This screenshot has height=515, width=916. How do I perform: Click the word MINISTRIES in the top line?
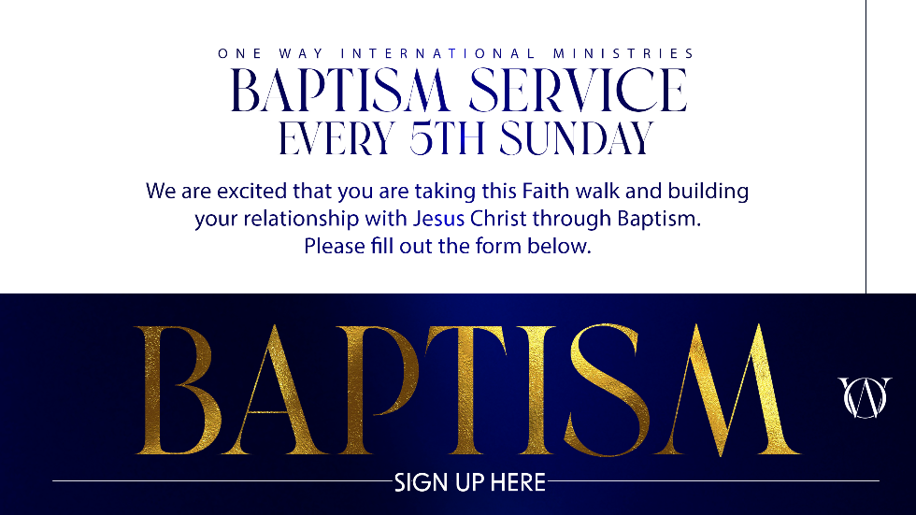tap(623, 53)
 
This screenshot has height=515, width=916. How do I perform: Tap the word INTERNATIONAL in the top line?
tap(438, 53)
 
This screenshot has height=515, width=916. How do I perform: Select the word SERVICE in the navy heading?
tap(579, 90)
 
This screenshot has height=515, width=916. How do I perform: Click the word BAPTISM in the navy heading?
tap(340, 90)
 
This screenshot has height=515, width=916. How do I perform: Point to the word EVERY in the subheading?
tap(337, 138)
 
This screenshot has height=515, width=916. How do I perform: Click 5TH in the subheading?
tap(448, 138)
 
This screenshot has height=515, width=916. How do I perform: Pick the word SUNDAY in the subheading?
tap(576, 138)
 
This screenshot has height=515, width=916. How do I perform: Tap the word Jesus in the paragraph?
tap(438, 219)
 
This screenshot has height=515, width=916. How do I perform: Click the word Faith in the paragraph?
tap(546, 191)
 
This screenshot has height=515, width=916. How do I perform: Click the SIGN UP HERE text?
tap(469, 483)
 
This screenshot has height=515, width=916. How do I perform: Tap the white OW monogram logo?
tap(866, 397)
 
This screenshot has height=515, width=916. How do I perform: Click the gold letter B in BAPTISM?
tap(179, 390)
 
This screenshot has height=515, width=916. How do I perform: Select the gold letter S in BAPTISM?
tap(608, 390)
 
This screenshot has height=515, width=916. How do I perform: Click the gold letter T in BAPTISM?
tap(467, 390)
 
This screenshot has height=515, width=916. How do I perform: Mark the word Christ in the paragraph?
tap(498, 219)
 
